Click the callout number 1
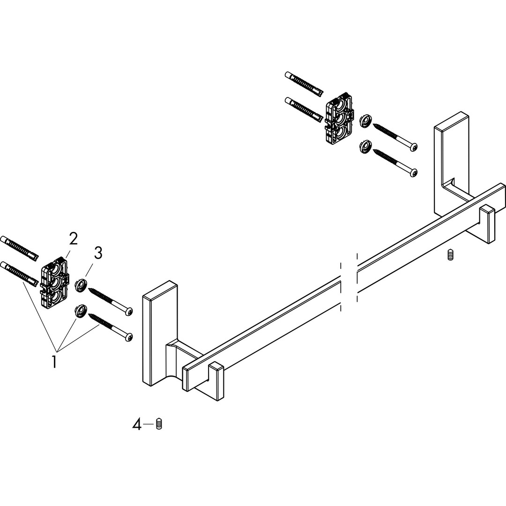(54, 361)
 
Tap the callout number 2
(73, 239)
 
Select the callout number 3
(98, 253)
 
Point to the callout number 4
(137, 424)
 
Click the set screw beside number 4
(158, 424)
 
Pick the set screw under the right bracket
(450, 255)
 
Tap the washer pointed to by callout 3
(81, 286)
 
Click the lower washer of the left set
(80, 311)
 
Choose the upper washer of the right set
(365, 121)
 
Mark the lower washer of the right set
(365, 146)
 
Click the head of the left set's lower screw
(129, 336)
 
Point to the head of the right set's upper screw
(413, 147)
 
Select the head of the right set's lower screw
(413, 172)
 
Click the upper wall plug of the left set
(19, 248)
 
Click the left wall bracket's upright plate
(160, 334)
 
